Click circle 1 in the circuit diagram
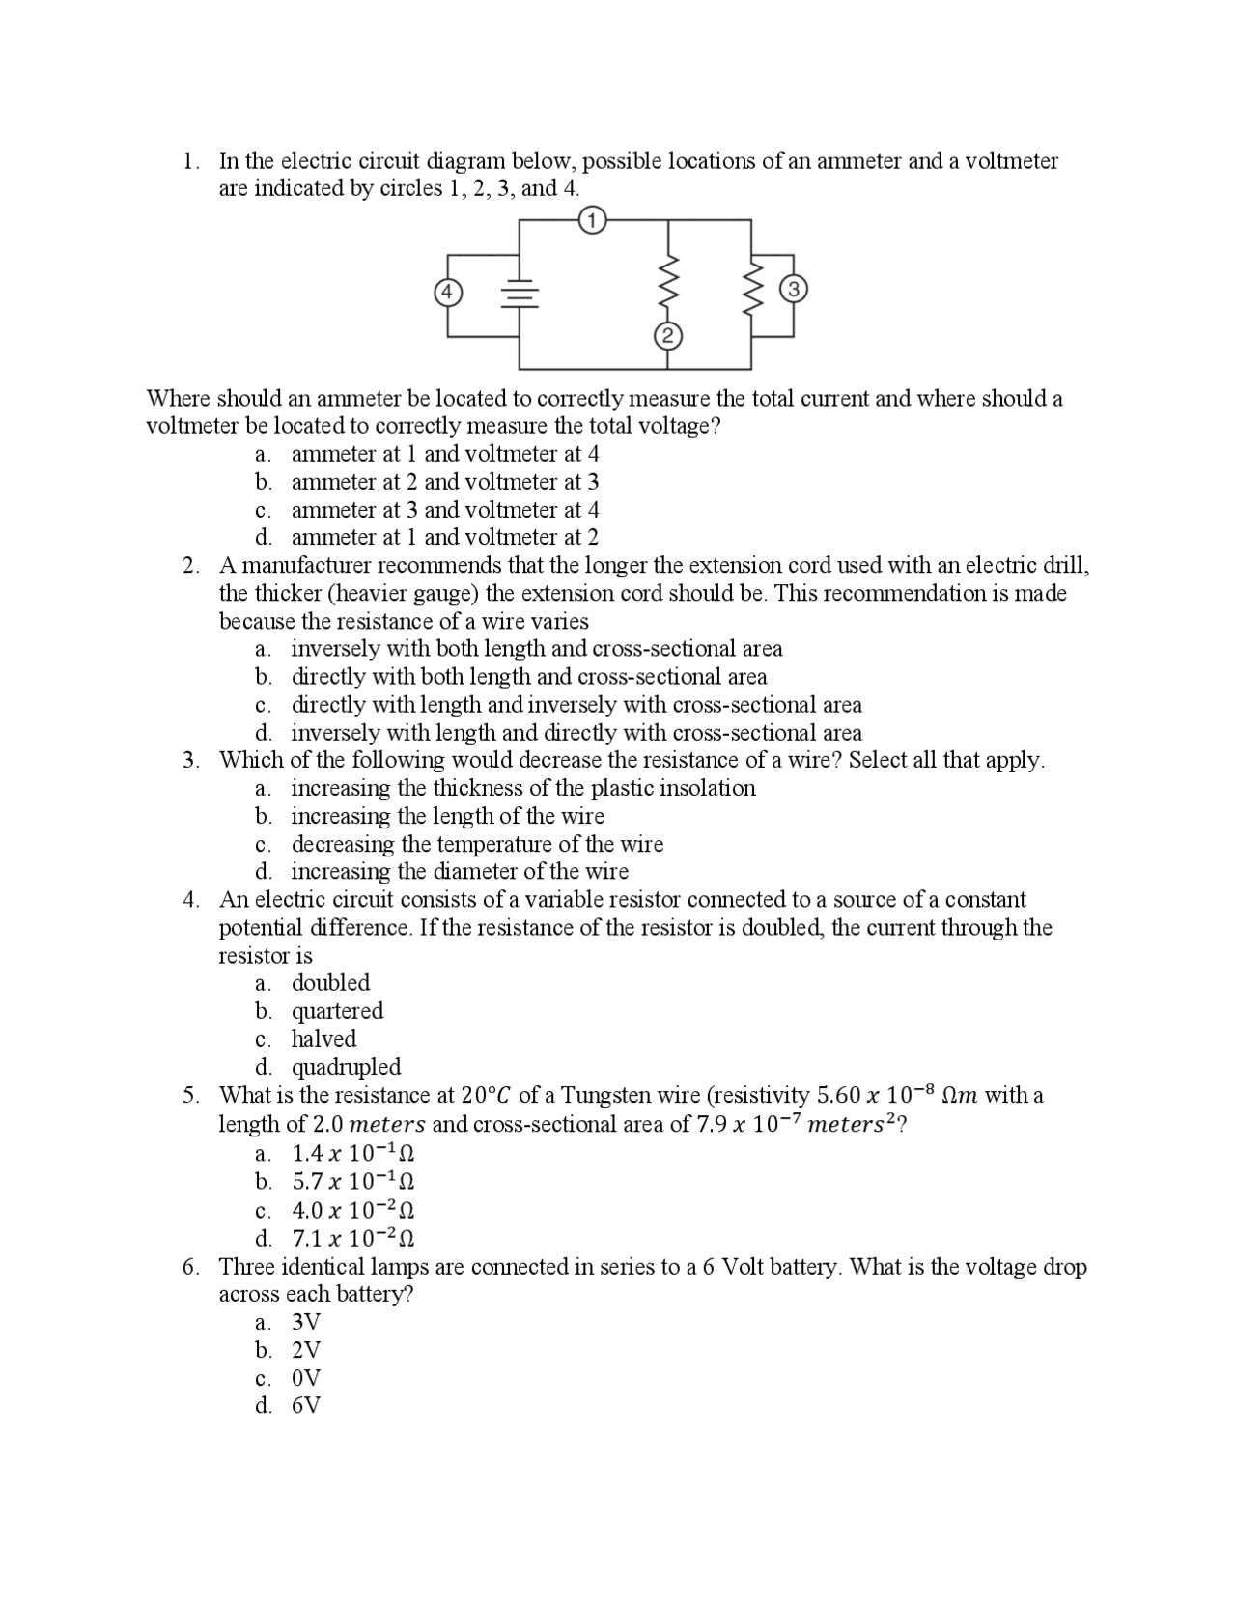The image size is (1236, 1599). [592, 220]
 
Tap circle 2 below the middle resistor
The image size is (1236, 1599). [667, 336]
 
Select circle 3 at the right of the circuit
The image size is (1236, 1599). [793, 289]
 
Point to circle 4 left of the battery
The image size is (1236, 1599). [446, 292]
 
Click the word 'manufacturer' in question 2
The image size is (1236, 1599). [311, 565]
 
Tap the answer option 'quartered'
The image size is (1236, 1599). [337, 1011]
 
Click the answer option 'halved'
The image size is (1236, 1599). [323, 1039]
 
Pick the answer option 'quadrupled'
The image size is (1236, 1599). [346, 1067]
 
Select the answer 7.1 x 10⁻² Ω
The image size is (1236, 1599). [353, 1238]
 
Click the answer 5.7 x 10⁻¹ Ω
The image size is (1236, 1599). [353, 1181]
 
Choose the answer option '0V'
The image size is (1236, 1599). [306, 1378]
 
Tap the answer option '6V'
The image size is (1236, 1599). [306, 1406]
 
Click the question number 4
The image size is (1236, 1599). [191, 900]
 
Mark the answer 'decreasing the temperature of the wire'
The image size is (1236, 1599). [477, 844]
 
